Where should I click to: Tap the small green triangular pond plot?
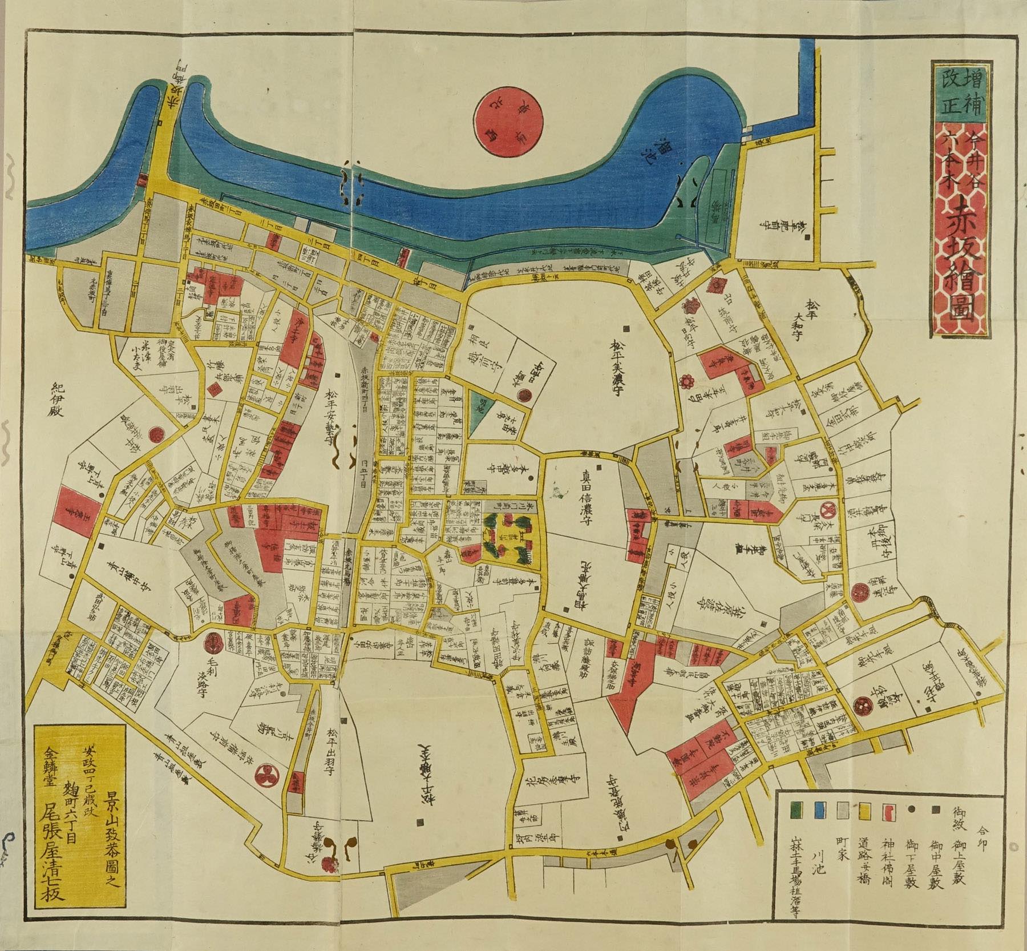click(481, 406)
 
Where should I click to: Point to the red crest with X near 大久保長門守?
click(828, 507)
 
